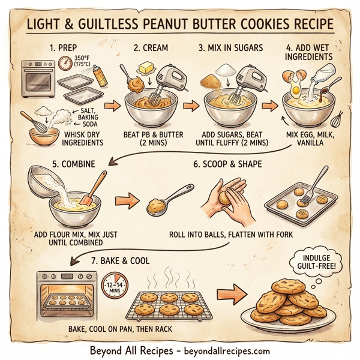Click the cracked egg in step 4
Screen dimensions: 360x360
pyautogui.click(x=293, y=85)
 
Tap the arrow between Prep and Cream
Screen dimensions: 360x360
pyautogui.click(x=111, y=106)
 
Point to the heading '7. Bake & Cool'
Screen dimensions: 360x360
pyautogui.click(x=114, y=262)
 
